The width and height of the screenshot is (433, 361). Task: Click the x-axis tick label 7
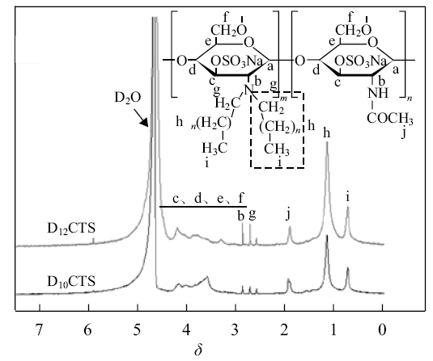[39, 330]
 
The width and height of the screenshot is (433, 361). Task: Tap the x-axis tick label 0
[382, 330]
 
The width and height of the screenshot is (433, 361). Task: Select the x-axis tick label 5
[138, 330]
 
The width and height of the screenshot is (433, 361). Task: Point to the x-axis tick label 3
[235, 330]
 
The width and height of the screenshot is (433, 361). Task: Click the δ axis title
[198, 350]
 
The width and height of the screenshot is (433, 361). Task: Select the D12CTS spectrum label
[71, 229]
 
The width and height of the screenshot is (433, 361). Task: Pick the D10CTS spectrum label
[71, 282]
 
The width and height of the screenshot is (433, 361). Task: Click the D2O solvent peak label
[128, 98]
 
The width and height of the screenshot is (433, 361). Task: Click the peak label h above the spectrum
[327, 133]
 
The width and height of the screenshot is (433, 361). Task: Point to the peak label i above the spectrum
[348, 197]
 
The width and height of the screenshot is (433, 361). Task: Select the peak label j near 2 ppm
[288, 214]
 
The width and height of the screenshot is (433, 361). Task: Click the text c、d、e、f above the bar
[209, 199]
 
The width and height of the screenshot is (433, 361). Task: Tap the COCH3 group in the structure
[390, 119]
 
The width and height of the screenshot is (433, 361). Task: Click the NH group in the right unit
[378, 93]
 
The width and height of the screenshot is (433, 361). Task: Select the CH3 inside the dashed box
[277, 149]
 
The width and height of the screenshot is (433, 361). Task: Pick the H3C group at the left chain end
[214, 149]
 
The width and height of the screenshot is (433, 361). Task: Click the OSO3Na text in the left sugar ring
[236, 61]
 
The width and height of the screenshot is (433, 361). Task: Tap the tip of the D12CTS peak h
[327, 142]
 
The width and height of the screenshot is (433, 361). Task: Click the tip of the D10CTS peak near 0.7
[348, 268]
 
